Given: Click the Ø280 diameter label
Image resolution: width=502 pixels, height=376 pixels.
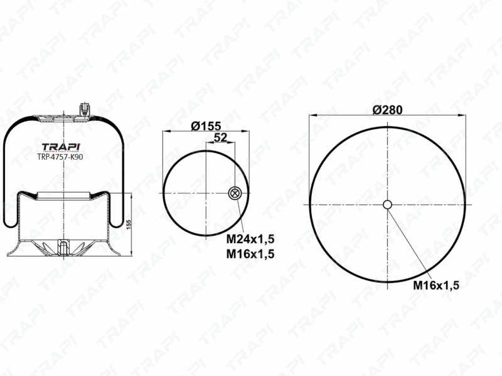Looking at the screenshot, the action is [x=387, y=110].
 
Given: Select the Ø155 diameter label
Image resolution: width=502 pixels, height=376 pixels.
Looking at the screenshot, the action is [x=206, y=126].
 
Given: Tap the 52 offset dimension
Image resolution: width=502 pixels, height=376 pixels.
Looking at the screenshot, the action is [x=220, y=138].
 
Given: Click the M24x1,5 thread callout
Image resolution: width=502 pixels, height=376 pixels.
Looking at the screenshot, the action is [x=250, y=239].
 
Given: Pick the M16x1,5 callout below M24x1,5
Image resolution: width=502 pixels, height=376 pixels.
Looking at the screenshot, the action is [x=250, y=254].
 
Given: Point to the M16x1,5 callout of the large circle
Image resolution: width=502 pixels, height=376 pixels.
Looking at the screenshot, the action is [x=436, y=285].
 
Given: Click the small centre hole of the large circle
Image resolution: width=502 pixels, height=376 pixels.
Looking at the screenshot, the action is [x=387, y=204].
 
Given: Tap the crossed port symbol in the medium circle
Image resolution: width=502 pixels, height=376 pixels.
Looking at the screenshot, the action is [x=235, y=193].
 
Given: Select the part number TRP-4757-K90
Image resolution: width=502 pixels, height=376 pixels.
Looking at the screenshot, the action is [x=60, y=157].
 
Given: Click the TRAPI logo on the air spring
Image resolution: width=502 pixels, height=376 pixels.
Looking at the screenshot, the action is [x=61, y=147].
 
